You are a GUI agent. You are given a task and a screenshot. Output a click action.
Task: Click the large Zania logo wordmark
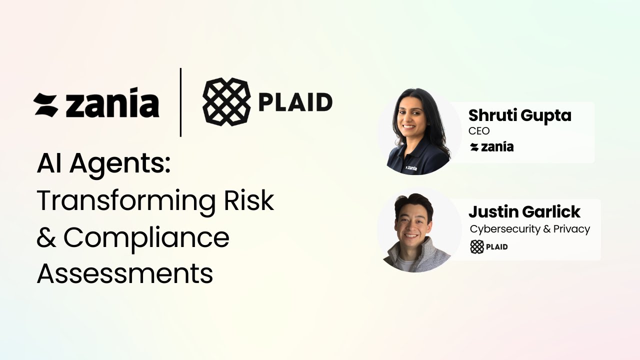[x=96, y=103]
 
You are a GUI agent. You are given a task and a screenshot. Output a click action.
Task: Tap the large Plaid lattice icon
[x=226, y=102]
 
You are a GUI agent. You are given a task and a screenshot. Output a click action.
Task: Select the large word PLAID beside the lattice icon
[x=295, y=103]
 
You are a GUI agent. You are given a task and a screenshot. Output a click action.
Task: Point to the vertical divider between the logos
[x=180, y=102]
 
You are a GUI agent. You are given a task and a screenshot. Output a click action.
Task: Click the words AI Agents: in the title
[x=104, y=164]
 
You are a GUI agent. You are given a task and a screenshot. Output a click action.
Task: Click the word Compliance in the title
[x=146, y=238]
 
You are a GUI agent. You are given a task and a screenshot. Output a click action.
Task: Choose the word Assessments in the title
[x=125, y=274]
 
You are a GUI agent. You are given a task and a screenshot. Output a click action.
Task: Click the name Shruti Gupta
[x=519, y=115]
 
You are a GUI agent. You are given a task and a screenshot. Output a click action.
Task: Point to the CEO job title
[x=479, y=131]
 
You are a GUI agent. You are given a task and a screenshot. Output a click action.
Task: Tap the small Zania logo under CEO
[x=492, y=147]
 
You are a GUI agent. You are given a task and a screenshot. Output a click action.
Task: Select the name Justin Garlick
[x=524, y=211]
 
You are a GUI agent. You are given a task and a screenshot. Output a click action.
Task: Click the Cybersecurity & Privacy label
[x=530, y=229]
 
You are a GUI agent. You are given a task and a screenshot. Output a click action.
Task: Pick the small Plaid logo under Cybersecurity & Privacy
[x=489, y=246]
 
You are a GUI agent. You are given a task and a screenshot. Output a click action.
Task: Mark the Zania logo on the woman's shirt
[x=411, y=167]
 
